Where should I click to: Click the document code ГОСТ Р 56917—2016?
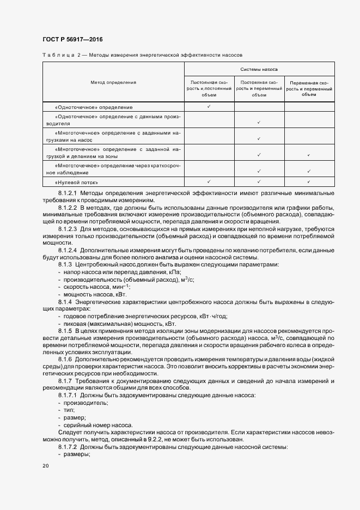pyautogui.click(x=72, y=40)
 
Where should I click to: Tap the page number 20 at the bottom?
pyautogui.click(x=45, y=466)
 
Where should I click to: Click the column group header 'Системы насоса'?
pyautogui.click(x=259, y=70)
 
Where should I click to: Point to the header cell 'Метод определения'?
pyautogui.click(x=113, y=82)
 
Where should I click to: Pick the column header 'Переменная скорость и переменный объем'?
pyautogui.click(x=309, y=88)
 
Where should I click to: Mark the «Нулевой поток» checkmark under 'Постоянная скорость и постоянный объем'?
pyautogui.click(x=209, y=182)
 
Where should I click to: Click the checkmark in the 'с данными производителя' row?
pyautogui.click(x=259, y=123)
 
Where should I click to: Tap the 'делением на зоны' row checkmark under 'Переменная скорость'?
pyautogui.click(x=309, y=155)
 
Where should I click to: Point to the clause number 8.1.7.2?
pyautogui.click(x=69, y=446)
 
